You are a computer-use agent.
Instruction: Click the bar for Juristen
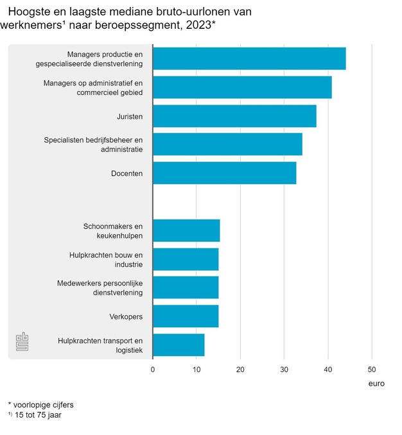point(234,116)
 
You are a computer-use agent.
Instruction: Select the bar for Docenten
point(224,173)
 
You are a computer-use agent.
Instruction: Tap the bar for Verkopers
point(186,316)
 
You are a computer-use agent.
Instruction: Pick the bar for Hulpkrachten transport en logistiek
point(179,345)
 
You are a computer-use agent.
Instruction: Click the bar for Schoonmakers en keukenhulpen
point(186,230)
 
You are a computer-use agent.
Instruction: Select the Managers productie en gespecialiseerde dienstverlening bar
point(249,58)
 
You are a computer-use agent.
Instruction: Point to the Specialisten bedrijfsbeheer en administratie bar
point(227,144)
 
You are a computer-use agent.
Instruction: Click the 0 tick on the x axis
point(153,370)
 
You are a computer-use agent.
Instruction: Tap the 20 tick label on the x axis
point(240,370)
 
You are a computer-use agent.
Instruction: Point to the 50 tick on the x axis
point(372,370)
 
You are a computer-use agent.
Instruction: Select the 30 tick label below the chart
point(284,370)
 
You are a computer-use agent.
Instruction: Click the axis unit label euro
point(376,384)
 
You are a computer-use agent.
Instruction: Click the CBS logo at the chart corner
point(23,342)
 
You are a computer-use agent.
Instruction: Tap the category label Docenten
point(127,173)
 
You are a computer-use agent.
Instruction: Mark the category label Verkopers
point(127,316)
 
